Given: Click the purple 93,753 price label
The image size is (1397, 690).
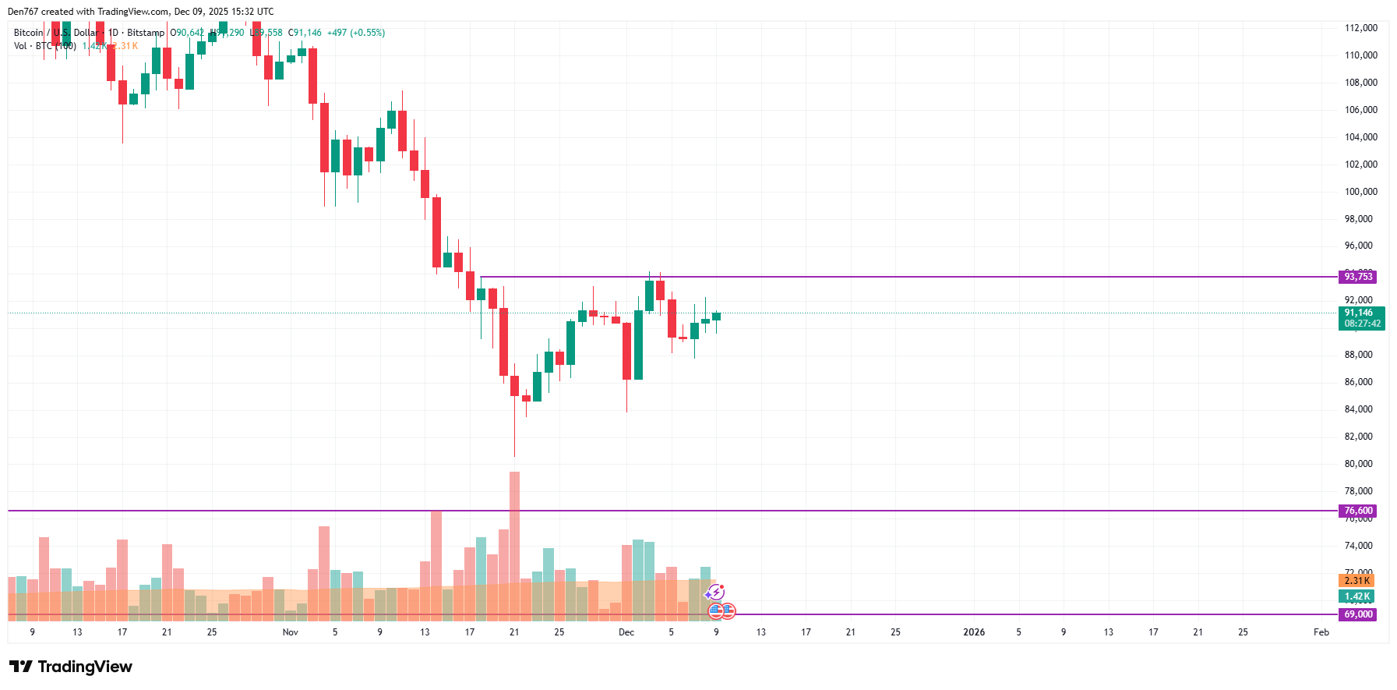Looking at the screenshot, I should click(x=1358, y=277).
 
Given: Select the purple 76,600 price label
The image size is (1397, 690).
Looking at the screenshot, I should click(x=1358, y=511).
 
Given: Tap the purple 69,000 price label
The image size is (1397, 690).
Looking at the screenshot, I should click(x=1358, y=614).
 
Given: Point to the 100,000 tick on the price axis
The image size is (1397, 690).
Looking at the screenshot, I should click(x=1360, y=192).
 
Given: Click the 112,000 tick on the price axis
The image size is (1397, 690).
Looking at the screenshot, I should click(x=1360, y=28).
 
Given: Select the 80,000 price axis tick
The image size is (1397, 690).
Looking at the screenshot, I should click(x=1360, y=464).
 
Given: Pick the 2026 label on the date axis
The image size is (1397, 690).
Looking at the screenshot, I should click(x=974, y=632).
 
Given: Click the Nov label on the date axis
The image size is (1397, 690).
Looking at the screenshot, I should click(x=290, y=632).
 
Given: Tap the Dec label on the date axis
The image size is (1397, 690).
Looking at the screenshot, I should click(x=626, y=632).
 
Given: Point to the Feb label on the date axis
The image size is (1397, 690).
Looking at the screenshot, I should click(x=1321, y=632).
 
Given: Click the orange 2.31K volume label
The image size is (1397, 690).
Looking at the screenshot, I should click(x=1356, y=581).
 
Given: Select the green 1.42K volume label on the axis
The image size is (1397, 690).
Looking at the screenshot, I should click(x=1356, y=596).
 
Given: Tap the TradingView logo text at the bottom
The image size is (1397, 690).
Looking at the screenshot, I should click(x=84, y=667).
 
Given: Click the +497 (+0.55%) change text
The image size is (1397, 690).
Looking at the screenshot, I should click(x=356, y=33).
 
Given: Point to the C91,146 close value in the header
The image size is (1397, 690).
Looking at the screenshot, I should click(x=305, y=33).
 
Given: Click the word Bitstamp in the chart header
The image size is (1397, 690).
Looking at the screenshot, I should click(x=146, y=33).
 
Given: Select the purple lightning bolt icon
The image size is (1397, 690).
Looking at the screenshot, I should click(x=716, y=593).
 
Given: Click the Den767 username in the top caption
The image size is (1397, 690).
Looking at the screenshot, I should click(x=23, y=12).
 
